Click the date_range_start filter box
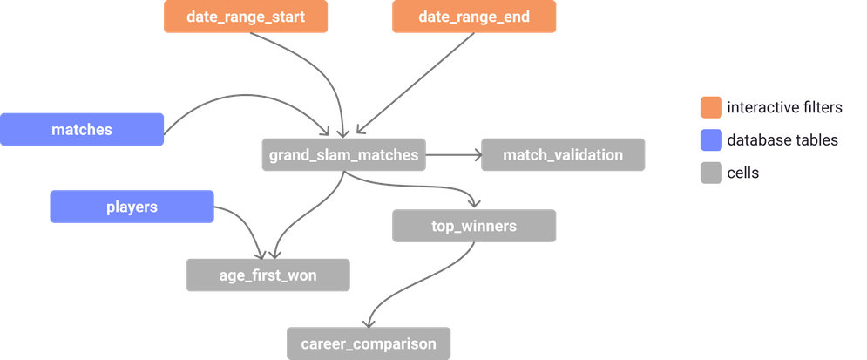coord(245,17)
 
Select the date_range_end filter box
coord(473,17)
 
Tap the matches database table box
coord(82,129)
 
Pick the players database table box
coord(131,207)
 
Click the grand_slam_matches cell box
coord(343,154)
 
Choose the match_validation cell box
coord(563,154)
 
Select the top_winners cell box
coord(474,226)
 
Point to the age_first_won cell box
coord(268,275)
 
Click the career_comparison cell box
coord(369,343)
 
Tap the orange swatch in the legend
coord(711,108)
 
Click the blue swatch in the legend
coord(711,140)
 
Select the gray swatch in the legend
coord(711,173)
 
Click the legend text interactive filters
coord(784,108)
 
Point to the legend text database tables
coord(782,140)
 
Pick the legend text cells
coord(742,173)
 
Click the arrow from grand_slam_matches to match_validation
coord(453,155)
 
